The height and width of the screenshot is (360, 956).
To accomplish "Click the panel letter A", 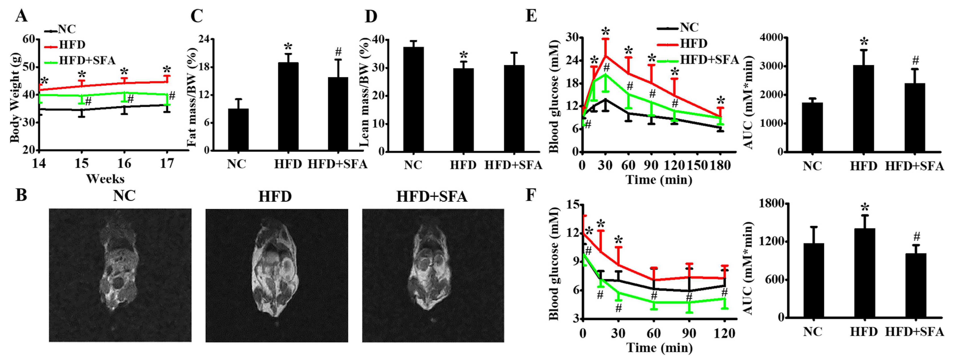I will point(21,16).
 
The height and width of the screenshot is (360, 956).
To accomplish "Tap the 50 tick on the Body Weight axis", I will point(29,67).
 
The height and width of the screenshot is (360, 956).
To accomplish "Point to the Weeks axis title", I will point(105,179).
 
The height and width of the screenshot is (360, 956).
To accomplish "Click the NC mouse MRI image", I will point(120,275).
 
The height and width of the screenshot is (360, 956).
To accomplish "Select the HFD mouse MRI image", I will point(277,275).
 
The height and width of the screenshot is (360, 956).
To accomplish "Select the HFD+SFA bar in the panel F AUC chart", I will point(916,285).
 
